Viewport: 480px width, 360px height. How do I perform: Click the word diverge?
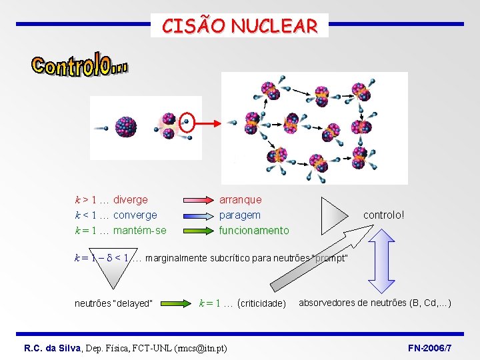click(131, 199)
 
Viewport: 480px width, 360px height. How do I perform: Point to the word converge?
click(135, 215)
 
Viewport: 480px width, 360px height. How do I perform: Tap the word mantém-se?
click(140, 231)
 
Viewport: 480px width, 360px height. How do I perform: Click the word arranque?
click(241, 199)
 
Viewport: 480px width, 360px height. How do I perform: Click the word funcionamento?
click(254, 231)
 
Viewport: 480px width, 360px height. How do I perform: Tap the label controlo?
click(383, 215)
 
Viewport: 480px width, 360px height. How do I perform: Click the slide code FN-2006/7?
click(429, 349)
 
